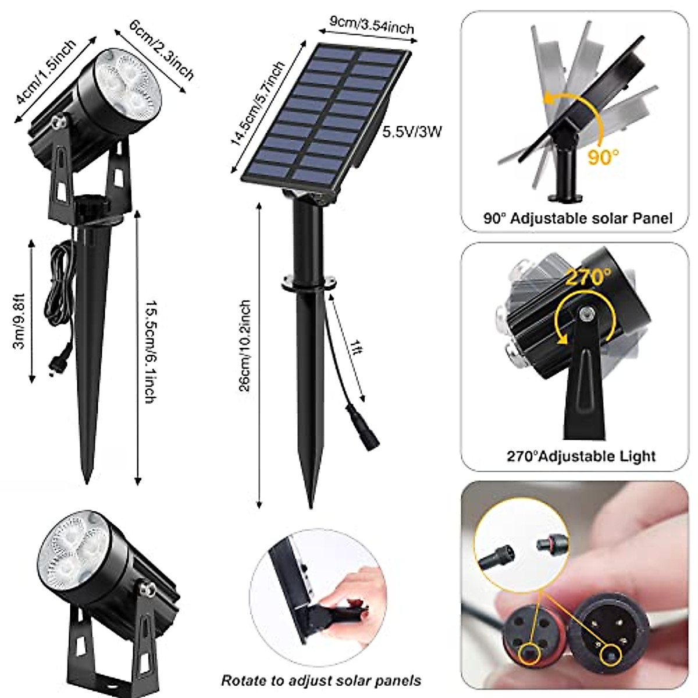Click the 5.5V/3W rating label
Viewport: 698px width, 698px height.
tap(412, 131)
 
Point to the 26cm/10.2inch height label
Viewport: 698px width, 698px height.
tap(245, 346)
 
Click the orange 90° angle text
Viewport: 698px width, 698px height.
tap(603, 157)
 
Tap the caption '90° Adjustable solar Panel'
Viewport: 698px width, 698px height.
tap(578, 218)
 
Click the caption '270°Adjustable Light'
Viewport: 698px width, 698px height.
tap(581, 455)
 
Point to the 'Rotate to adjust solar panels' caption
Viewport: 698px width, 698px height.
tap(320, 680)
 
